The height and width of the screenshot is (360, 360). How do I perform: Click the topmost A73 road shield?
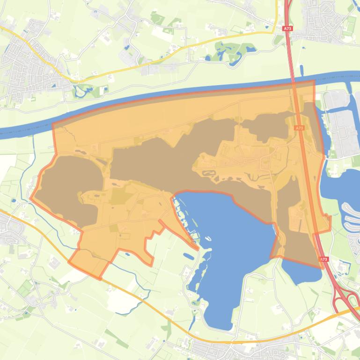[287, 29]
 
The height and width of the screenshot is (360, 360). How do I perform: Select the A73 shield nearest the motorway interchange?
[324, 259]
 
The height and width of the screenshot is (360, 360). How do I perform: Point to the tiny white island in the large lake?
[208, 239]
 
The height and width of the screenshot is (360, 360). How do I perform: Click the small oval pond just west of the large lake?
[188, 256]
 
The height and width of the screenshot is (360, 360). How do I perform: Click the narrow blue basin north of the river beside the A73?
[301, 71]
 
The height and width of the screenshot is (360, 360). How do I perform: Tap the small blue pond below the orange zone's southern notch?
[127, 254]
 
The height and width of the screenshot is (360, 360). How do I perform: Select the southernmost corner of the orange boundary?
[100, 279]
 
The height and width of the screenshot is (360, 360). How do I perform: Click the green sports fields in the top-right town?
[348, 23]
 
